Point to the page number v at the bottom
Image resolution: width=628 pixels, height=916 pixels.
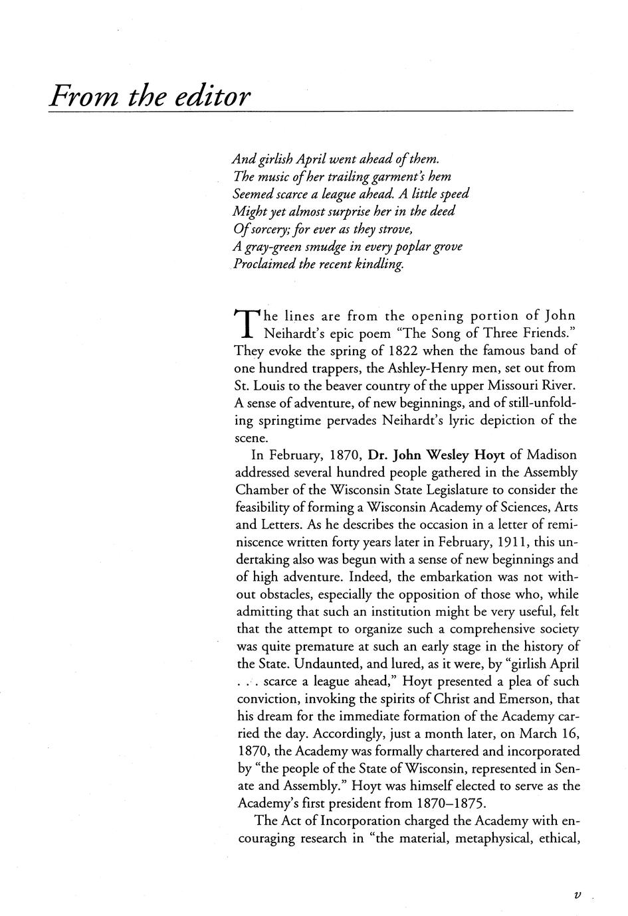tap(576, 895)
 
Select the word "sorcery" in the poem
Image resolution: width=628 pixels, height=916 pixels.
tap(266, 230)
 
